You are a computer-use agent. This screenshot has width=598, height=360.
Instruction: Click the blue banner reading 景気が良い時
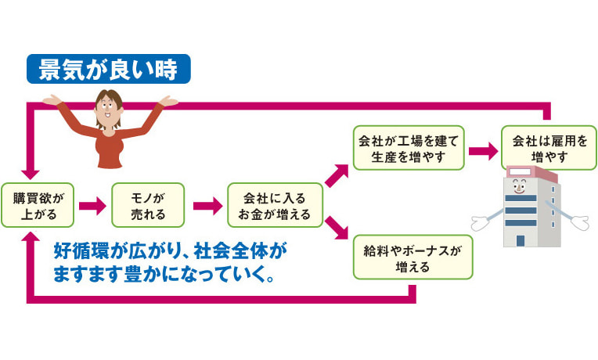tap(107, 68)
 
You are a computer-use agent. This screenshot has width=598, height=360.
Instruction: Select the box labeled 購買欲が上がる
tap(38, 205)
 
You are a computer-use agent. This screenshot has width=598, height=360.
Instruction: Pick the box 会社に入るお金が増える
tap(275, 205)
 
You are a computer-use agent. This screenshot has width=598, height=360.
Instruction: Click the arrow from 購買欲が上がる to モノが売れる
tap(92, 206)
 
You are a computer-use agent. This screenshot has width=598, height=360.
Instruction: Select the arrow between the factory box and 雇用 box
tap(484, 149)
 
